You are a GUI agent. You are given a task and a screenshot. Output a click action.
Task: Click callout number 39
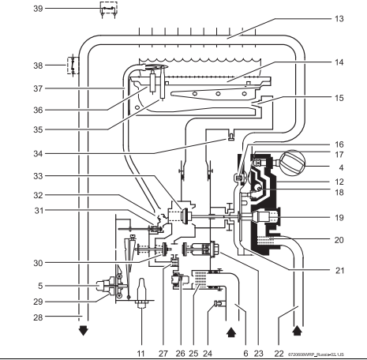38,9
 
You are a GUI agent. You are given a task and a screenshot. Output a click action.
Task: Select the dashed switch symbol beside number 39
108,9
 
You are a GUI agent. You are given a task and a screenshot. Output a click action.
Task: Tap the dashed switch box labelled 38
73,65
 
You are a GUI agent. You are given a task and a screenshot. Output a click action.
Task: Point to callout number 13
339,19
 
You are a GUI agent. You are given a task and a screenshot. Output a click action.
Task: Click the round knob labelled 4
292,163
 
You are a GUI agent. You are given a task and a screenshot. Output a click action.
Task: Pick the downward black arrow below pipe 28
84,331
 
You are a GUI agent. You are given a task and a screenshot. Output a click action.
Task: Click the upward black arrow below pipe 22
298,330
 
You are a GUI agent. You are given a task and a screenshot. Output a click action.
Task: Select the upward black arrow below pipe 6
231,332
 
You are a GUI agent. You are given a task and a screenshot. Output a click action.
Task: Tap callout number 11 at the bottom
141,354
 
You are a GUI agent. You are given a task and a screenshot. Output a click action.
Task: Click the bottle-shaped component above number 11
141,293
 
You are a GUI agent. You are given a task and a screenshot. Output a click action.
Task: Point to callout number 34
38,153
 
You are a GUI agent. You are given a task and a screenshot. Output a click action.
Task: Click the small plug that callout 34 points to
231,137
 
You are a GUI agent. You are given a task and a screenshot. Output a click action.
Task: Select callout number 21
339,271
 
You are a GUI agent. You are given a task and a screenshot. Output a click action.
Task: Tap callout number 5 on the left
40,286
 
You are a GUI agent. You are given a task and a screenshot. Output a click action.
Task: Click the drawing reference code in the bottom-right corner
316,354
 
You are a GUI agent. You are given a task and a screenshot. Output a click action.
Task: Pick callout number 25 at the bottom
193,354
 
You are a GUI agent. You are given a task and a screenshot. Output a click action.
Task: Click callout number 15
339,98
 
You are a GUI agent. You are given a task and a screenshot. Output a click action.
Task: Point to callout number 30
38,263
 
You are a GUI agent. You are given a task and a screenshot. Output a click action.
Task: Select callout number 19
339,218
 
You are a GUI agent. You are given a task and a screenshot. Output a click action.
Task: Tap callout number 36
38,110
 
